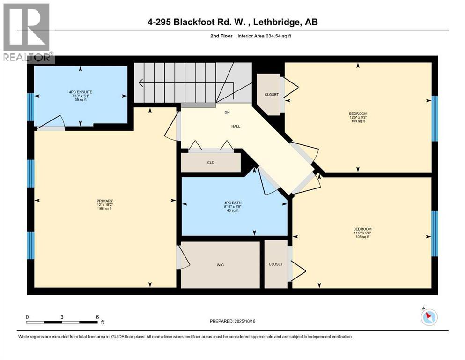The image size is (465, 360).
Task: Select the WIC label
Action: pos(220,265)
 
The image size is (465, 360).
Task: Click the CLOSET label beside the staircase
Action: pos(271,95)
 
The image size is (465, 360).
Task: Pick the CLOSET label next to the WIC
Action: pos(276,264)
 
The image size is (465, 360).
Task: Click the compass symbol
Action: pos(428,317)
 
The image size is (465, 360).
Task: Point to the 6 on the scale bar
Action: pos(96,317)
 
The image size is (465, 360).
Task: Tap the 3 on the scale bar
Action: pos(62,317)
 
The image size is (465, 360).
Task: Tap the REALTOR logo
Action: pos(27,33)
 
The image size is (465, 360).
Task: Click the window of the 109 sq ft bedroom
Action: pos(434,118)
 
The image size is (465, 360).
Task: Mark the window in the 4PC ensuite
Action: pos(31,107)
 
